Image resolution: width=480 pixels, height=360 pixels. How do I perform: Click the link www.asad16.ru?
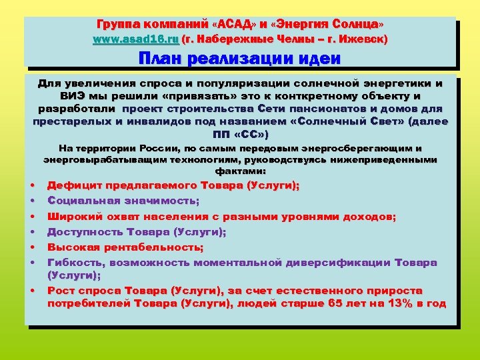[135, 39]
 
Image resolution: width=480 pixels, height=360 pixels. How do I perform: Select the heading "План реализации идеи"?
[239, 58]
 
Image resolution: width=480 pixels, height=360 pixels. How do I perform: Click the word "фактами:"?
[240, 171]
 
